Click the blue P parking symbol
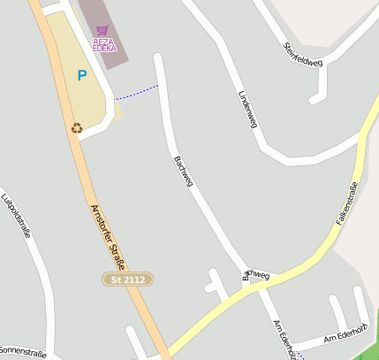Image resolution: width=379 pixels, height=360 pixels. click(82, 76)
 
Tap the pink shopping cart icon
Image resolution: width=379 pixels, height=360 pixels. click(102, 30)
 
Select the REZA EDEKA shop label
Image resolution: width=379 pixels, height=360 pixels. click(104, 43)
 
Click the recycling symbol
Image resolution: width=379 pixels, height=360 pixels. click(77, 127)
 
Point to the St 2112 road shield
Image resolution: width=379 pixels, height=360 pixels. click(128, 280)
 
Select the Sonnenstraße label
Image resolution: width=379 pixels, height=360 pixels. click(24, 352)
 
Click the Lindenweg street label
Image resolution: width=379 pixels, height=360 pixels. click(248, 111)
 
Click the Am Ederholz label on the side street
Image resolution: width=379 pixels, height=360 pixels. click(344, 337)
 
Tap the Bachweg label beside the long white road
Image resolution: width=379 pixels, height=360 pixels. click(181, 175)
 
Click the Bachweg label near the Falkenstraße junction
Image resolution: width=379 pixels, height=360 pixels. click(255, 277)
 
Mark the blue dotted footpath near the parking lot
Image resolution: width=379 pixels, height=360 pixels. click(137, 91)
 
